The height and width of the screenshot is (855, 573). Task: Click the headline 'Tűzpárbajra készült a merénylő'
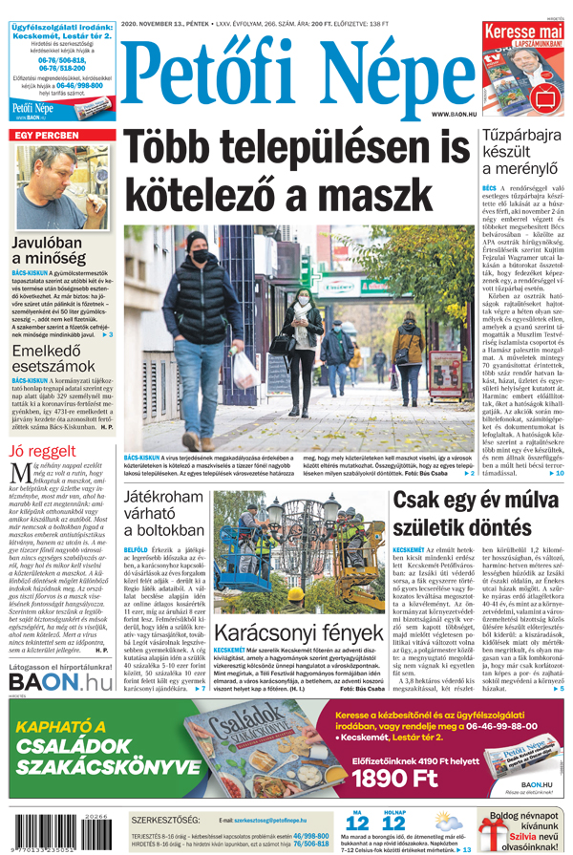pos(520,154)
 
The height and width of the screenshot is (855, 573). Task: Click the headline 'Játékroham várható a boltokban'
pos(164,513)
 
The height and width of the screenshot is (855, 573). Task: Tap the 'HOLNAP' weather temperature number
pos(393,823)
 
